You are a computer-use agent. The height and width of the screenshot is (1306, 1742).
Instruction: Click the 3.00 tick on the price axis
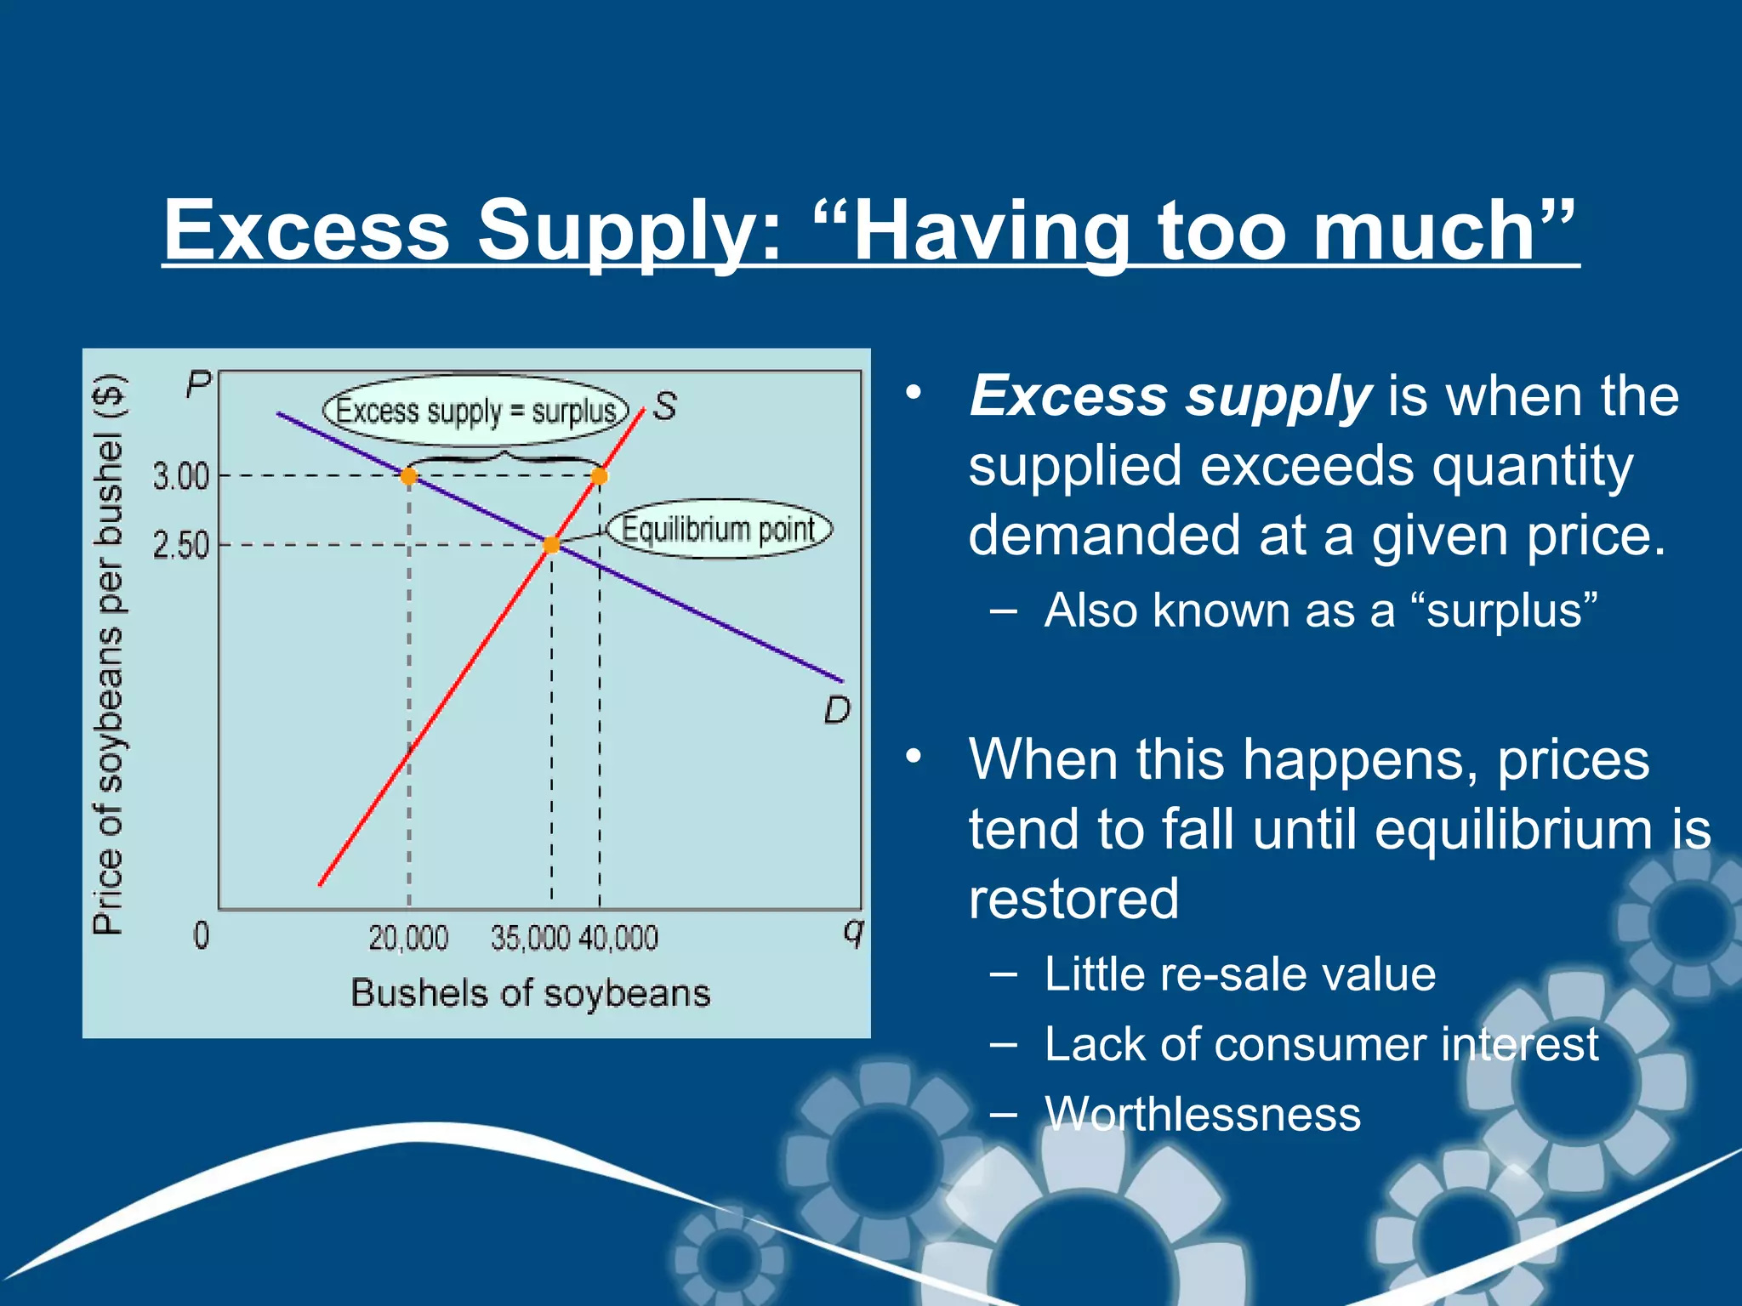181,476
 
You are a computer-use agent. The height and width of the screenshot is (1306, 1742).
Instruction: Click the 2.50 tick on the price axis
181,545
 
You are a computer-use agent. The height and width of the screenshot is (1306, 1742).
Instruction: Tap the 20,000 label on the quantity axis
408,938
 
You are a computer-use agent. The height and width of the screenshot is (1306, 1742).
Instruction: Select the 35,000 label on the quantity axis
530,938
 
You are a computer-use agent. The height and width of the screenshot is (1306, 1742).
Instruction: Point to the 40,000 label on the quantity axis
618,938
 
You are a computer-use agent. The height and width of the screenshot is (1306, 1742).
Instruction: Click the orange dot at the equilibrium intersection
551,545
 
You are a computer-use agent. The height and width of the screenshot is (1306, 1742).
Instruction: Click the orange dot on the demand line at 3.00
409,476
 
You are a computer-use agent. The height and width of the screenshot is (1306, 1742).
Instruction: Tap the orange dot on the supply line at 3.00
599,476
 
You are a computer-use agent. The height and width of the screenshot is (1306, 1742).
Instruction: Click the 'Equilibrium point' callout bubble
719,530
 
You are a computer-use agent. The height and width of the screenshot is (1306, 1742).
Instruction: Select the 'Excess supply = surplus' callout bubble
475,411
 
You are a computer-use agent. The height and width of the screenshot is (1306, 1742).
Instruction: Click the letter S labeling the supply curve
664,406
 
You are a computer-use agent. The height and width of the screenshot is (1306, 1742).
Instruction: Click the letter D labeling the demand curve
837,710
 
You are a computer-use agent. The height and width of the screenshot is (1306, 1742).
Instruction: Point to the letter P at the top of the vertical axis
197,384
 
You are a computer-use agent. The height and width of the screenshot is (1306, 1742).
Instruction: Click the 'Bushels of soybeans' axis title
530,993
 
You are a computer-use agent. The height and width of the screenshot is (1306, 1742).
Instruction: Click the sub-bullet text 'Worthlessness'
1202,1114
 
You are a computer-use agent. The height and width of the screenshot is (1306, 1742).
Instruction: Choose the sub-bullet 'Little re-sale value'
1239,974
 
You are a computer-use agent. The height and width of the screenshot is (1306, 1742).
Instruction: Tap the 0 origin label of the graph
201,935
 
